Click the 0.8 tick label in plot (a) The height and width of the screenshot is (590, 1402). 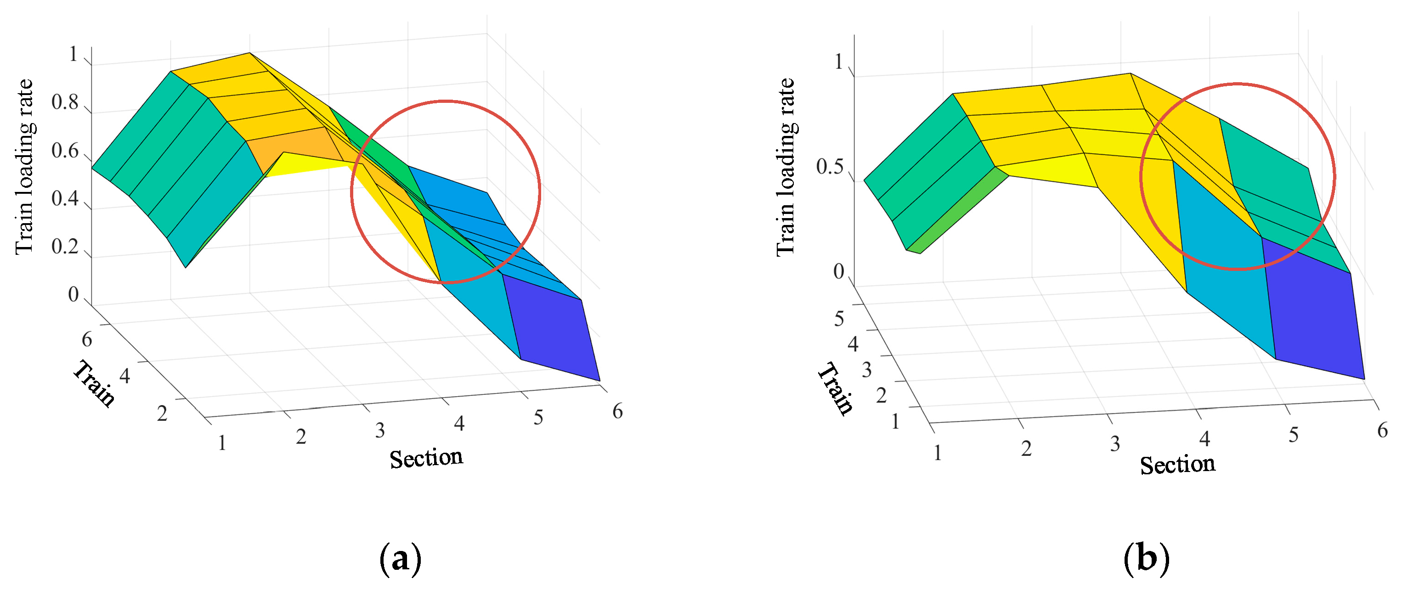[65, 102]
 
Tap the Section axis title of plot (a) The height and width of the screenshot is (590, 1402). [426, 458]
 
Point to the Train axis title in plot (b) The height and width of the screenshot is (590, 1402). [836, 389]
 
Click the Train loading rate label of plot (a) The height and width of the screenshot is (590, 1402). [24, 166]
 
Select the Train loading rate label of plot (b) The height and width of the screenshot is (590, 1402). [786, 166]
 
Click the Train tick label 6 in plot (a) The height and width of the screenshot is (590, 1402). [86, 339]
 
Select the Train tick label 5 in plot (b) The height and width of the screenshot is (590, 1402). [839, 319]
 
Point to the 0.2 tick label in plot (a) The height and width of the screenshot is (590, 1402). [65, 247]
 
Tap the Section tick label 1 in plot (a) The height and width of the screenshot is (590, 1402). [221, 443]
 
